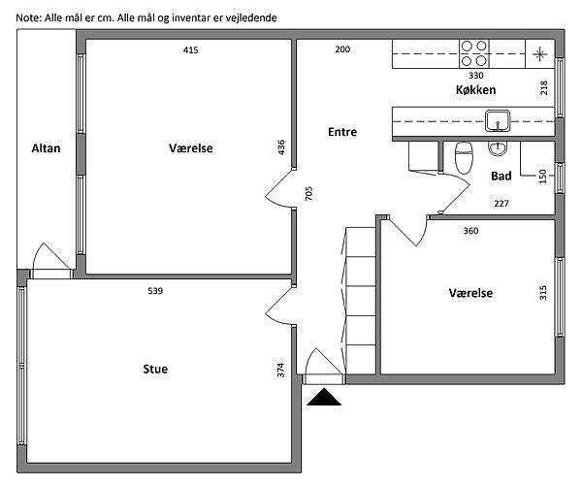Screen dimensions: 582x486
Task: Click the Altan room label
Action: click(x=46, y=148)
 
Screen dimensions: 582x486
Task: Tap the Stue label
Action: click(x=155, y=369)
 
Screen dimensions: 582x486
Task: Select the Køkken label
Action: click(x=476, y=90)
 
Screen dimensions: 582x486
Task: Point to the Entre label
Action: click(x=342, y=132)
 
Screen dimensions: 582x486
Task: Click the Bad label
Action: click(x=501, y=176)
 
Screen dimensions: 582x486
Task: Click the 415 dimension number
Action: click(x=191, y=49)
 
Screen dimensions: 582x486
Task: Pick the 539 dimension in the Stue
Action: click(x=155, y=291)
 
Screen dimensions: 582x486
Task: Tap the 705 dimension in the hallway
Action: click(x=308, y=193)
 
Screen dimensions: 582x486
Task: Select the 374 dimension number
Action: click(x=280, y=371)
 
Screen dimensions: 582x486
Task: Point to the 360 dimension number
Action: click(x=470, y=231)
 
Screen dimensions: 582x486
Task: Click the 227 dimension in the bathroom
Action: click(x=501, y=204)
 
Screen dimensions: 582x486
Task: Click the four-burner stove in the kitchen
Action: click(x=474, y=53)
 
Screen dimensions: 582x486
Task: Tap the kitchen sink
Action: click(x=498, y=120)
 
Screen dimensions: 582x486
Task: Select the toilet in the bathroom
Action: click(x=464, y=158)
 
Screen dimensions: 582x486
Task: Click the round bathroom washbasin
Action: click(x=497, y=149)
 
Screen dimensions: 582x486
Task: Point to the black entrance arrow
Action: click(x=324, y=397)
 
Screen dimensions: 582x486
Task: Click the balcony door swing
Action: click(x=51, y=256)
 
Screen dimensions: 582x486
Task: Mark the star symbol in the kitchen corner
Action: click(x=539, y=54)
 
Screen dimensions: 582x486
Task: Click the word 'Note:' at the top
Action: click(x=29, y=17)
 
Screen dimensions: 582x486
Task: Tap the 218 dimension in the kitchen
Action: click(x=544, y=88)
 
